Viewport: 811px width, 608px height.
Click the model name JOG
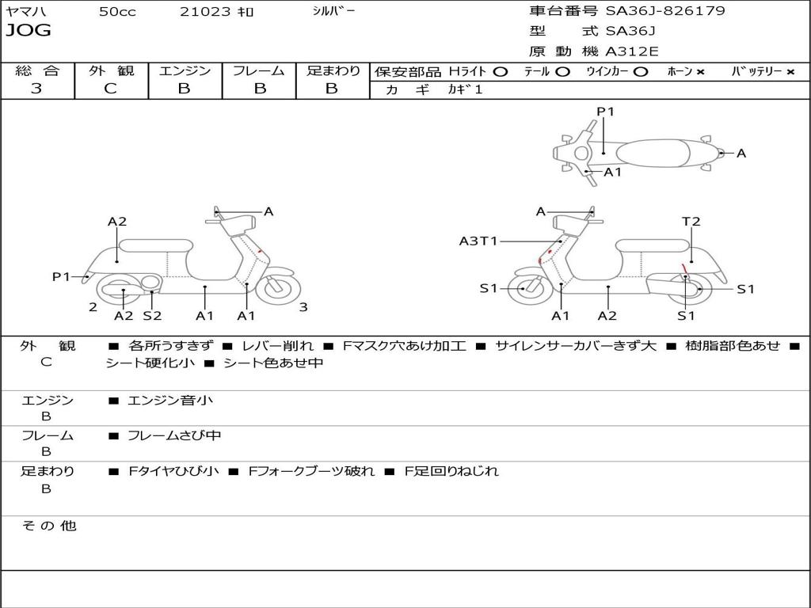tap(28, 31)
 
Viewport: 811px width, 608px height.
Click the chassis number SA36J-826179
tap(665, 11)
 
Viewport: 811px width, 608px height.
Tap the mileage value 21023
tap(206, 12)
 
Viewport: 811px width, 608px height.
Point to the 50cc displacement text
tap(117, 12)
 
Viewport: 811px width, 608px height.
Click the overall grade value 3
tap(36, 89)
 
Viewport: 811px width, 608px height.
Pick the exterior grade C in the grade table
tap(111, 89)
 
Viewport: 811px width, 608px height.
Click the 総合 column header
tap(37, 71)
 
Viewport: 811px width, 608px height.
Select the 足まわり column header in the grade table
tap(333, 71)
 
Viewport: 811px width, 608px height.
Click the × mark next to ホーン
tap(700, 72)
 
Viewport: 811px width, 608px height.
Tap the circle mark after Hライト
tap(500, 72)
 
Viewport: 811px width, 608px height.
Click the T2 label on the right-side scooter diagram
tap(691, 222)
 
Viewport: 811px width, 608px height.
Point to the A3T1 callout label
tap(478, 241)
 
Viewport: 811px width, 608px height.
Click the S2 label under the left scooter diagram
tap(152, 316)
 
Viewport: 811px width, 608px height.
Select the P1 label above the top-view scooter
tap(605, 112)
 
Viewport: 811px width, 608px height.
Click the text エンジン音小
tap(170, 401)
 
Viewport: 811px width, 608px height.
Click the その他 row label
tap(49, 526)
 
